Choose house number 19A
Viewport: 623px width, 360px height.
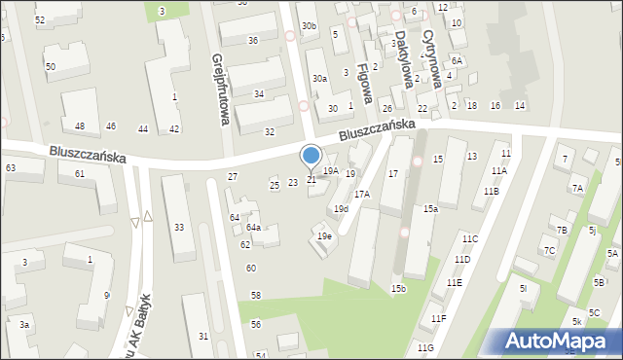click(x=331, y=170)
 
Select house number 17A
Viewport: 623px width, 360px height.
click(x=361, y=195)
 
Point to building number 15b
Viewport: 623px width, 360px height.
click(x=399, y=289)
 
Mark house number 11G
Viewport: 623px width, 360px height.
click(x=424, y=347)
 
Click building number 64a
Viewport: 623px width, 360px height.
click(x=252, y=227)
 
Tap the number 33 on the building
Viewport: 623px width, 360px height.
click(x=178, y=227)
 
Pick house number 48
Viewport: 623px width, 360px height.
click(x=80, y=126)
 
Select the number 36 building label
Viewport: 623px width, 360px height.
click(x=253, y=40)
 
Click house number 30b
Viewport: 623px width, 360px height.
click(x=309, y=26)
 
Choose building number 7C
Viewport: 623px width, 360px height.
click(x=549, y=250)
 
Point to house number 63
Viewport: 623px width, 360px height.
click(x=11, y=168)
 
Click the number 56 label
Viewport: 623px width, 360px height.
click(x=256, y=324)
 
